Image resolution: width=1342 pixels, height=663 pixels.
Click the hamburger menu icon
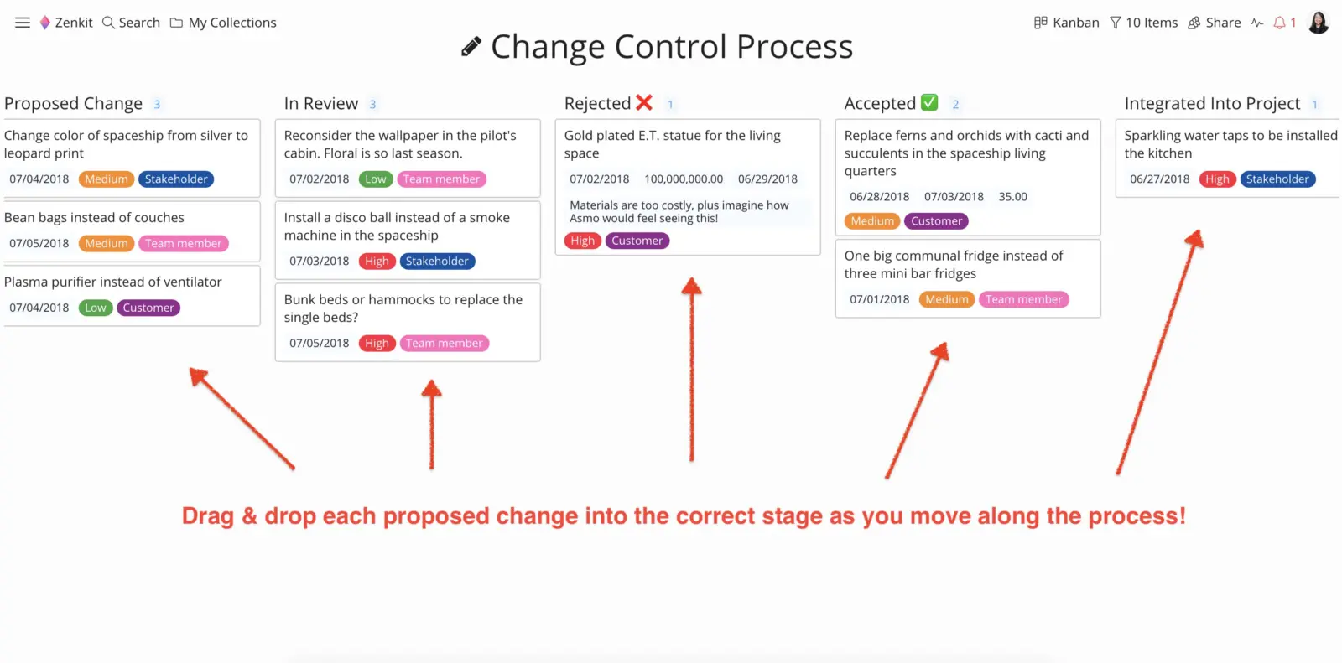pos(22,23)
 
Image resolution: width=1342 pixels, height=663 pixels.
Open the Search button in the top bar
pos(131,23)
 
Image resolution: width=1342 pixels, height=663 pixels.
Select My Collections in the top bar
pos(223,23)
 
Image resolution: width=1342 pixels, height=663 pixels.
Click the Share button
pos(1215,23)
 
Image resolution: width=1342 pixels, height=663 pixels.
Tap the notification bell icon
pos(1279,23)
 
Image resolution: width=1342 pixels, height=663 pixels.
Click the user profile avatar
pos(1318,23)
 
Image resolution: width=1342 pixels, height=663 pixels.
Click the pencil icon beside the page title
pos(471,46)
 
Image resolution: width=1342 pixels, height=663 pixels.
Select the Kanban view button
pos(1066,23)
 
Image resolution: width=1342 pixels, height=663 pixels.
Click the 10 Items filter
pos(1144,23)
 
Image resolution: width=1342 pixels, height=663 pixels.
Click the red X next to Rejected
pos(644,102)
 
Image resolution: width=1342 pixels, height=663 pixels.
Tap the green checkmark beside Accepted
pos(929,102)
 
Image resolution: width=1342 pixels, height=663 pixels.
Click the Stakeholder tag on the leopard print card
pos(176,179)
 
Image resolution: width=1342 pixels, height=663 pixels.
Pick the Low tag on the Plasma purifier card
pos(96,308)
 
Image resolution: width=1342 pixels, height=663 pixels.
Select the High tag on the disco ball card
pos(377,262)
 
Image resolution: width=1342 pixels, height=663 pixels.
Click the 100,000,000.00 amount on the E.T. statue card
pos(684,179)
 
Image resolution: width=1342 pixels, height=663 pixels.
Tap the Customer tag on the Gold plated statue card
pos(637,241)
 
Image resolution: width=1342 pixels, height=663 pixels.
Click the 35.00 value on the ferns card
pos(1012,197)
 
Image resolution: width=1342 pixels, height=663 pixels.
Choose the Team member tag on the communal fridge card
pos(1023,299)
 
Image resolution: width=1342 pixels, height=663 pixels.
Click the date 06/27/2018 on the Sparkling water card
pos(1159,179)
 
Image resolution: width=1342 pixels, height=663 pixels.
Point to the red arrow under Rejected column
pos(692,369)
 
